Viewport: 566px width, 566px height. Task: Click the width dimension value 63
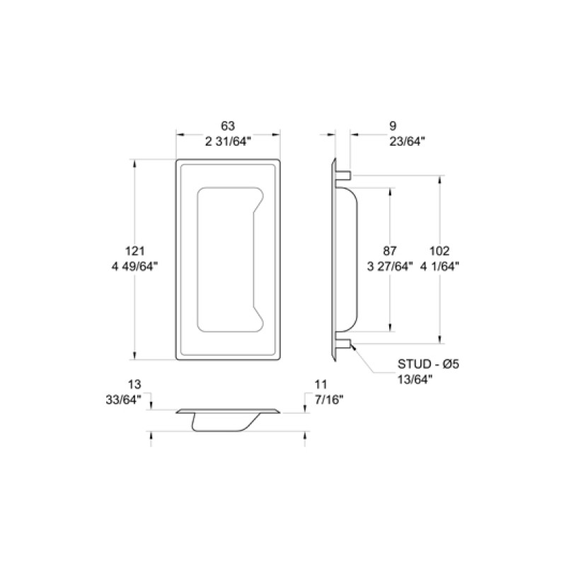[x=227, y=126]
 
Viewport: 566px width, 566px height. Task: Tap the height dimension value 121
[x=134, y=250]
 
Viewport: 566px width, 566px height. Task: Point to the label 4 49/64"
[x=134, y=266]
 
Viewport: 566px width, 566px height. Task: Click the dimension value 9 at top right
[x=393, y=126]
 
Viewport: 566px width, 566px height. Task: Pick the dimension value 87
[x=389, y=250]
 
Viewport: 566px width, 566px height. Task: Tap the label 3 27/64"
[x=389, y=266]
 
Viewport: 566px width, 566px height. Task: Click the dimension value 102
[x=439, y=250]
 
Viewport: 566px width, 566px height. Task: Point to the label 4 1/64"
[x=439, y=266]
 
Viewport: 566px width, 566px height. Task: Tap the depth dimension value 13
[x=134, y=384]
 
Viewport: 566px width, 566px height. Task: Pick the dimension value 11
[x=320, y=384]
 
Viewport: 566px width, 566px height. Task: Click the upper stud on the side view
[x=344, y=173]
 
